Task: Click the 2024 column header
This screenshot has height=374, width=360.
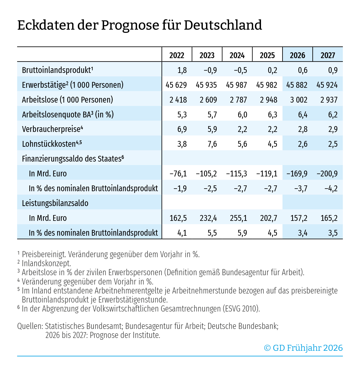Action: coord(237,55)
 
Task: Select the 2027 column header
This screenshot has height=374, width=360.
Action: coord(327,55)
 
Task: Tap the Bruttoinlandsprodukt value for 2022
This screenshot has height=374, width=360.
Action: coord(182,70)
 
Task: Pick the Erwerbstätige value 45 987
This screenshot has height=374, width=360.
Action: coord(236,85)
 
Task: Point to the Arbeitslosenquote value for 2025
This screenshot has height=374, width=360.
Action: coord(272,115)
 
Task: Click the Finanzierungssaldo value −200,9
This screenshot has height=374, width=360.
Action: coord(327,174)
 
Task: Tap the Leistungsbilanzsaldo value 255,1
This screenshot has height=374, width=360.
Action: coord(238,218)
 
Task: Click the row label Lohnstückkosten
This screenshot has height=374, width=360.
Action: coord(48,144)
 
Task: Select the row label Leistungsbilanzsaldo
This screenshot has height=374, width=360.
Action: coord(55,203)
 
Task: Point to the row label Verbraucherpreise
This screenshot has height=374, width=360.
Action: coord(51,129)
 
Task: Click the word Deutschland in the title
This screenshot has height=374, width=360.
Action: coord(223,25)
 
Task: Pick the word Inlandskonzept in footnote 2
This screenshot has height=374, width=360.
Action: coord(46,263)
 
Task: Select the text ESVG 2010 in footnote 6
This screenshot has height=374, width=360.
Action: coord(241,309)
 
